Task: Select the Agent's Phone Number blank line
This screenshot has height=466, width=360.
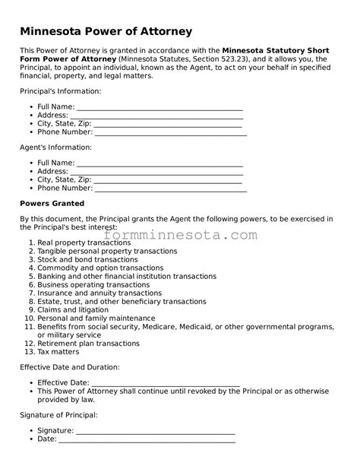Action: [170, 188]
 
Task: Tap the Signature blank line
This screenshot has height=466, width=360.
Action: [156, 430]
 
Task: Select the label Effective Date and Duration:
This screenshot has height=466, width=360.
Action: [69, 367]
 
